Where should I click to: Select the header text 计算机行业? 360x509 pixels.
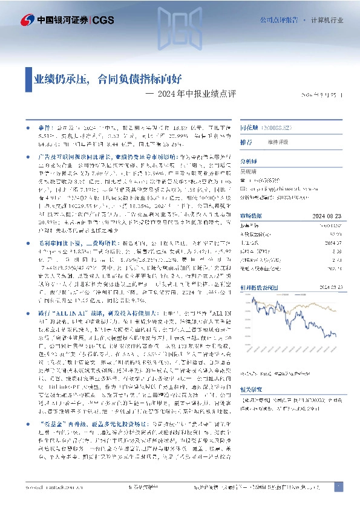click(327, 20)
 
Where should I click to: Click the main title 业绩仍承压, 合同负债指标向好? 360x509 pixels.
click(106, 79)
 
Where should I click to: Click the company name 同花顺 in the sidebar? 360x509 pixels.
click(249, 129)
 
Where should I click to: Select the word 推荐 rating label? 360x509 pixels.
click(246, 142)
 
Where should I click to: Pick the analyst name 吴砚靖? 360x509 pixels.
click(249, 172)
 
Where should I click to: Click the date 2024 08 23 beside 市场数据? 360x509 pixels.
click(327, 216)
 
